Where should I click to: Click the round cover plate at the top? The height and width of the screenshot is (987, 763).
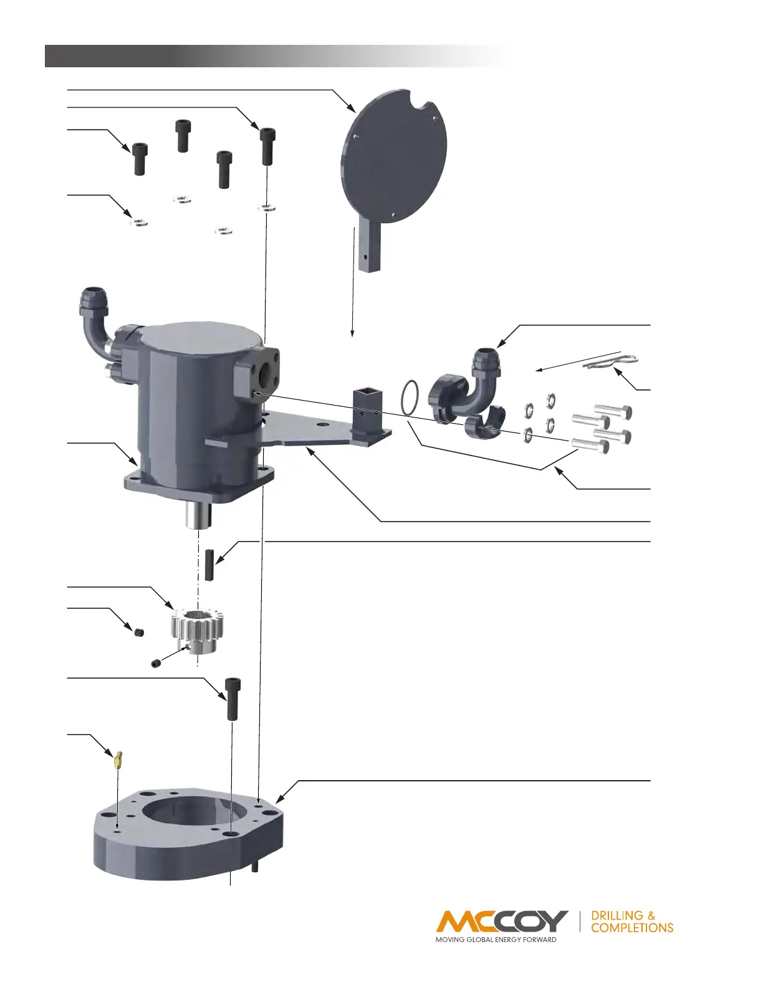point(394,156)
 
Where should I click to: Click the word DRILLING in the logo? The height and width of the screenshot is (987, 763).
point(617,915)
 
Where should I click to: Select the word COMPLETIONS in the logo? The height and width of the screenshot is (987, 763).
point(632,928)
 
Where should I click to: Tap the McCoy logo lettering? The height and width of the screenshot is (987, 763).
point(502,921)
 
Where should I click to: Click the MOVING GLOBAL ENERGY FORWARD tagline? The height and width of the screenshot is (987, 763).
point(496,940)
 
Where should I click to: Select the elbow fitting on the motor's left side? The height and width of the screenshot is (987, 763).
point(94,318)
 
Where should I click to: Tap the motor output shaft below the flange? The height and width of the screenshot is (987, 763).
point(199,517)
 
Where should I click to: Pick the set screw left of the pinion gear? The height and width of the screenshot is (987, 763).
point(139,632)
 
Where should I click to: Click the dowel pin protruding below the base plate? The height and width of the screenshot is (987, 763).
point(255,867)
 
